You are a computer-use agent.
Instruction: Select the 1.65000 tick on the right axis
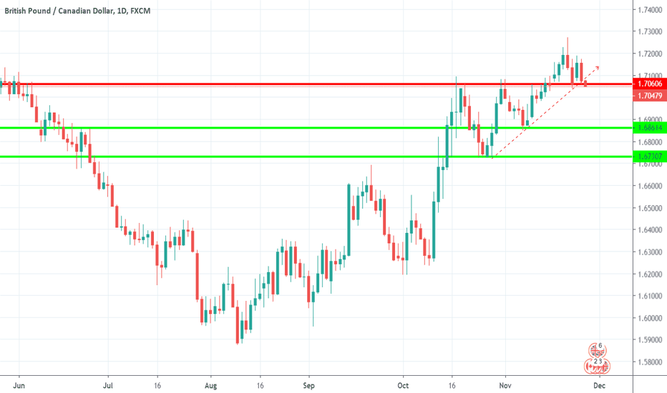pos(649,208)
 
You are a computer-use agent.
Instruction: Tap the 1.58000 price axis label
pos(649,362)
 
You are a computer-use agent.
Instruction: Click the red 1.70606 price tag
pos(649,84)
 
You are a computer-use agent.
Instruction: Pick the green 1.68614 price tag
pos(649,127)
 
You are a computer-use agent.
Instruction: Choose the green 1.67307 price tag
pos(649,156)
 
